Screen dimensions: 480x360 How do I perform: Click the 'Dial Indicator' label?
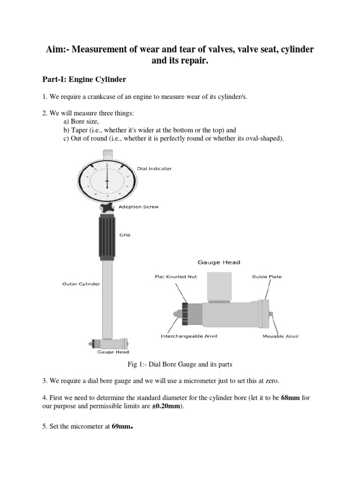[154, 169]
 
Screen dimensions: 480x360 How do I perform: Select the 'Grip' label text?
[124, 235]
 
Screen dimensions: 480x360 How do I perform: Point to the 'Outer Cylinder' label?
[81, 284]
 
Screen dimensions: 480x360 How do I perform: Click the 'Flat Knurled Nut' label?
[176, 277]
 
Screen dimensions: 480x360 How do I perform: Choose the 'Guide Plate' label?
[267, 277]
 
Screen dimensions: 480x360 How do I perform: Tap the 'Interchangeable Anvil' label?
[189, 336]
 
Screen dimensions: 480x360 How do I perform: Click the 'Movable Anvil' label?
[280, 336]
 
